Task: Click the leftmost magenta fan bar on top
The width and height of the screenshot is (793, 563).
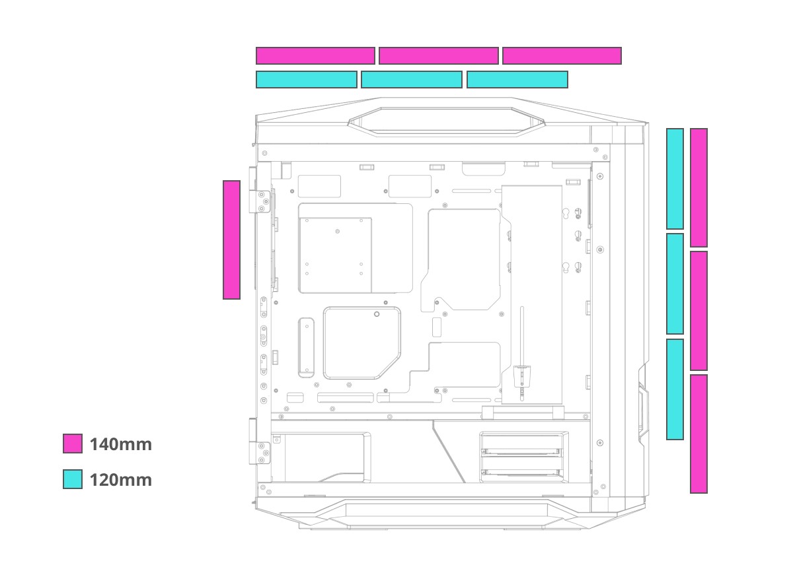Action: (x=315, y=56)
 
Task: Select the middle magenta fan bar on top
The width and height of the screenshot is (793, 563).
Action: (x=438, y=56)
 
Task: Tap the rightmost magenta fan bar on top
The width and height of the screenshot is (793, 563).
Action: (x=562, y=56)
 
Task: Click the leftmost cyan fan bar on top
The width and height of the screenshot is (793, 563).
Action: (x=306, y=80)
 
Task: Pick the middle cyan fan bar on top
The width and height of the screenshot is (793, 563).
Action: (x=411, y=80)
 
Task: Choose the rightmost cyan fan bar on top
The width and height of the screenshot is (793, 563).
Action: (x=517, y=80)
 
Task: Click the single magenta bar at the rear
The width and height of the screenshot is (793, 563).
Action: (x=231, y=240)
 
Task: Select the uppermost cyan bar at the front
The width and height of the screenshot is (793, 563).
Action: (x=675, y=179)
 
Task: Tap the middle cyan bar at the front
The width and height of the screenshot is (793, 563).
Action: (x=675, y=284)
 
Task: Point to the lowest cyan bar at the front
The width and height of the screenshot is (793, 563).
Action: (x=675, y=389)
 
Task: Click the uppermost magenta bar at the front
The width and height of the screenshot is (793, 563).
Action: (x=699, y=187)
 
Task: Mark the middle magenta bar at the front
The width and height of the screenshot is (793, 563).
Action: (x=699, y=311)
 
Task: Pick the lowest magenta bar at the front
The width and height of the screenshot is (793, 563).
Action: (x=699, y=434)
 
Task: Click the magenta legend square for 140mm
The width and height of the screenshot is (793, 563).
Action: (x=73, y=444)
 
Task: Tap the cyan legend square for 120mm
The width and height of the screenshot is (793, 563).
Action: (x=73, y=479)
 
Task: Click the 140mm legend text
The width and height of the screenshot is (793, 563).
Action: (x=121, y=444)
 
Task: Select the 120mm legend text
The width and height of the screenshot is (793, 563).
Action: (x=121, y=480)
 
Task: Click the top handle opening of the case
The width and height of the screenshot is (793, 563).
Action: (x=447, y=120)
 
